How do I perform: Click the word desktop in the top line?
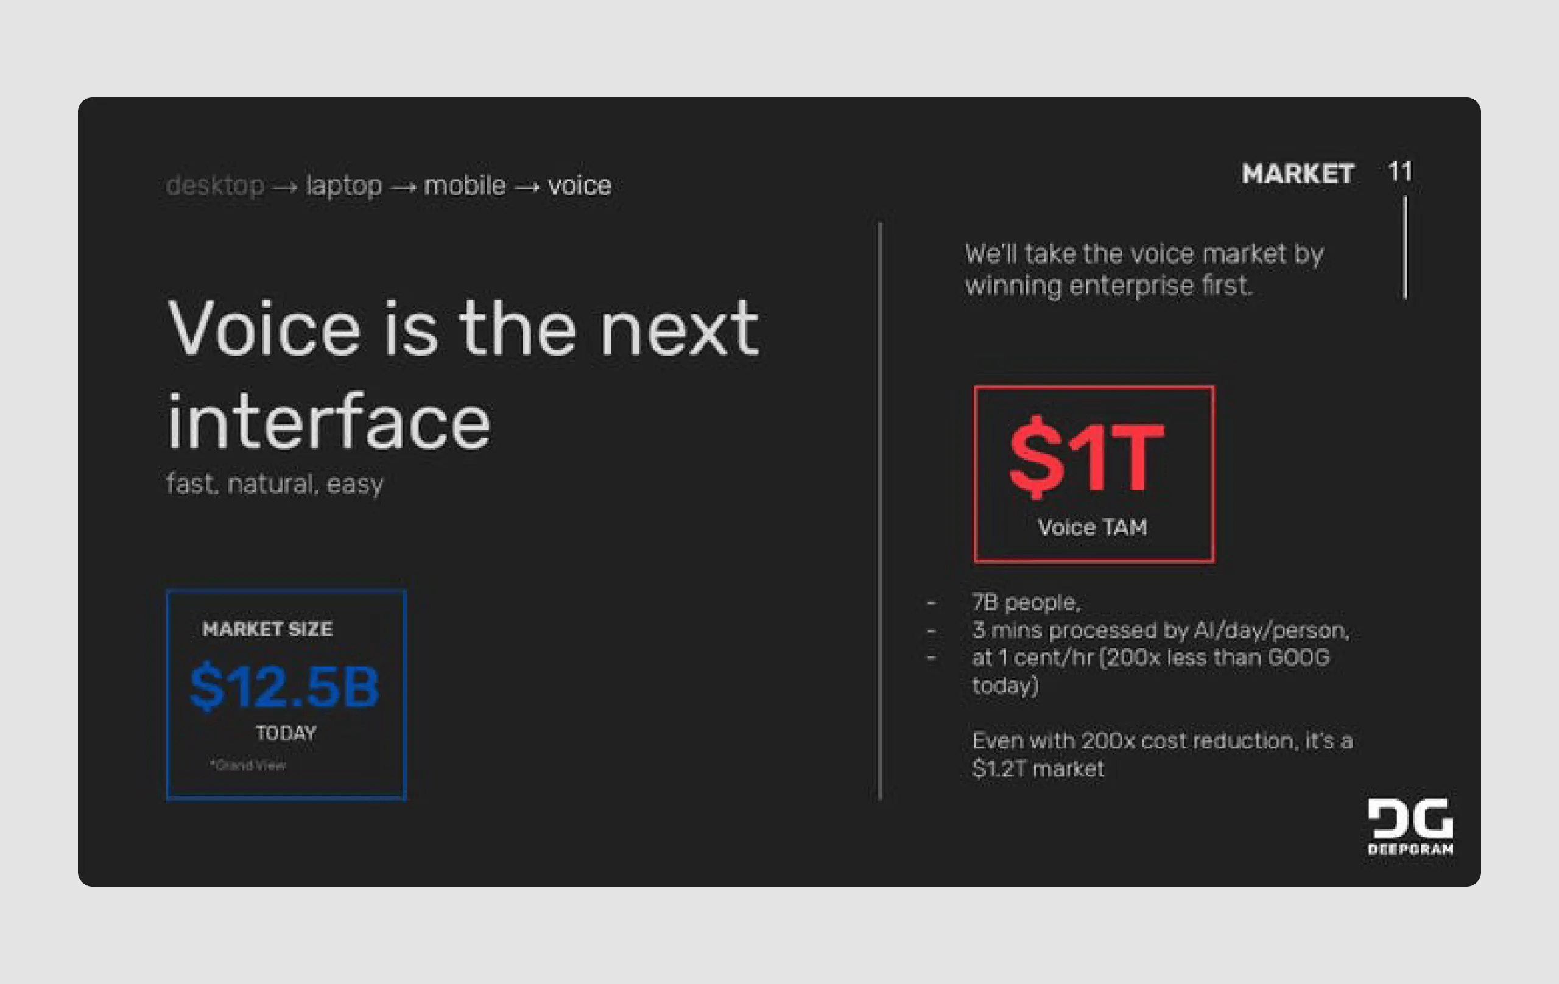(x=215, y=186)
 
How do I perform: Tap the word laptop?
(x=344, y=186)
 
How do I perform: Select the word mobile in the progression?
(x=464, y=186)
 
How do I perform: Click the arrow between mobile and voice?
(x=527, y=187)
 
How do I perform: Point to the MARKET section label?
(x=1297, y=174)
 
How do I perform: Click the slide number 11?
(x=1399, y=172)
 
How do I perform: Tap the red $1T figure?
(x=1087, y=457)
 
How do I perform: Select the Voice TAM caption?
(x=1092, y=527)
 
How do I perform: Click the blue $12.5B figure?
(x=284, y=687)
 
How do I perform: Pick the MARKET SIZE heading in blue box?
(x=267, y=629)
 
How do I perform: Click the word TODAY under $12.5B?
(x=286, y=734)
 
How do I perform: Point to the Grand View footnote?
(x=248, y=765)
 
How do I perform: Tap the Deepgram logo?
(x=1410, y=827)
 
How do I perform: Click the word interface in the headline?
(x=329, y=422)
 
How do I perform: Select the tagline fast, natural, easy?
(x=275, y=483)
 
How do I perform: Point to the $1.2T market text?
(x=1038, y=769)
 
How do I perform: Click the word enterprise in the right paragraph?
(x=1131, y=286)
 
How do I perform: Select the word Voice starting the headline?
(x=264, y=329)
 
